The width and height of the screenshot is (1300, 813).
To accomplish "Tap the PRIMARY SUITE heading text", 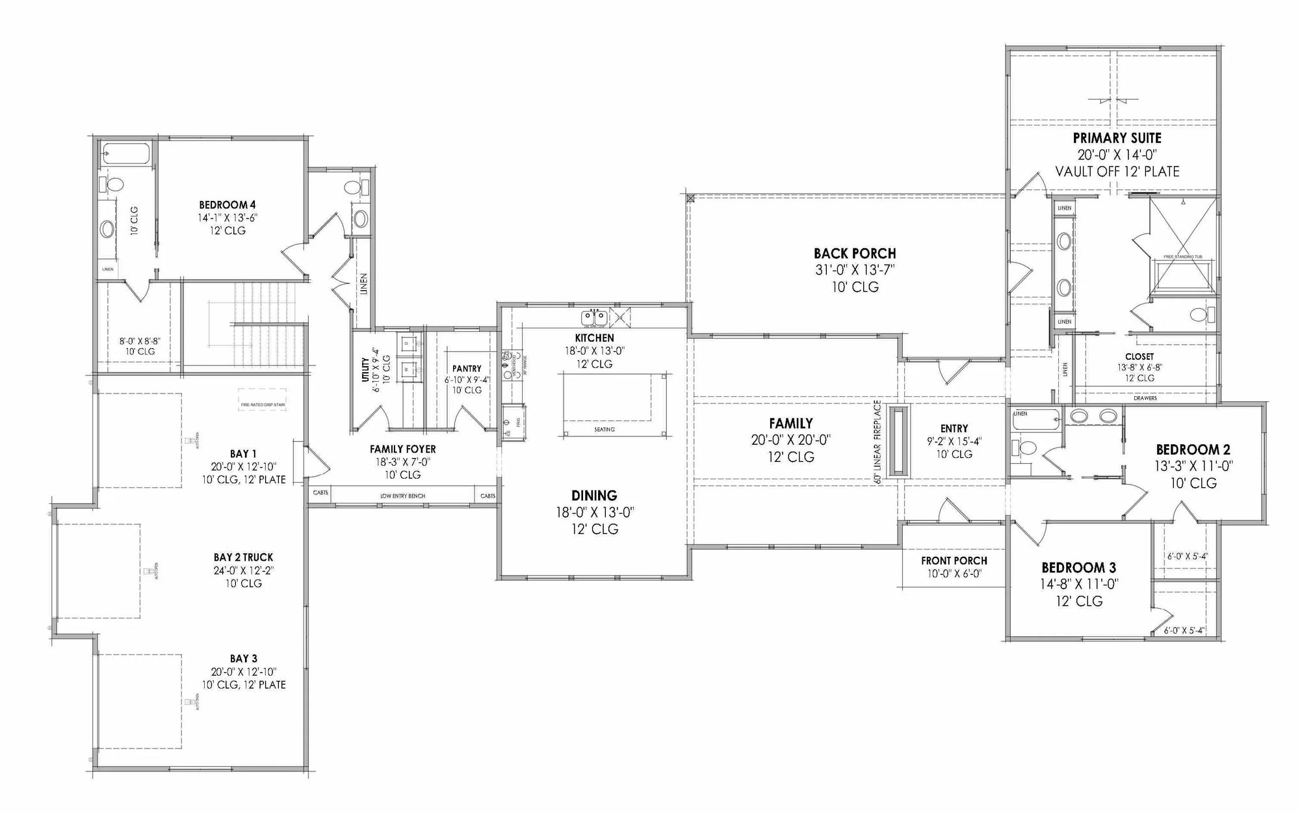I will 1117,138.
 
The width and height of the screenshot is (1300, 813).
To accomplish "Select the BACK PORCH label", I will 855,254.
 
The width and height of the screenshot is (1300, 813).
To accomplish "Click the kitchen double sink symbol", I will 594,318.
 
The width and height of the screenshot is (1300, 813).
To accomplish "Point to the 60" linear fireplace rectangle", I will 900,442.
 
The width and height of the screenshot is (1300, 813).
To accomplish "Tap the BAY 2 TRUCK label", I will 243,557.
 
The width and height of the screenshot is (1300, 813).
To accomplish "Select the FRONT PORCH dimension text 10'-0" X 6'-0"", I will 954,574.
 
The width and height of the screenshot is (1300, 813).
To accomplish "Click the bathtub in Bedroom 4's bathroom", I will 126,154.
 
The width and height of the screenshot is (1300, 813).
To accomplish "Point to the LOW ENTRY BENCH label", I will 402,496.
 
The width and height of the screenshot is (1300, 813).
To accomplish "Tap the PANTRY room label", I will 466,369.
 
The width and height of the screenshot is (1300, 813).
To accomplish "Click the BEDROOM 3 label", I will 1078,568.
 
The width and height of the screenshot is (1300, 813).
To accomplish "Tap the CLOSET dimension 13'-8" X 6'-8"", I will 1139,367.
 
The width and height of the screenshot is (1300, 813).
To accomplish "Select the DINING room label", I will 594,496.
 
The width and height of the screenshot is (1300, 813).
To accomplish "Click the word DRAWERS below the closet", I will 1145,398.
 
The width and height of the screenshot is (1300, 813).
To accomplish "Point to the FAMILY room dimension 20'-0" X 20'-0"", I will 790,440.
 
